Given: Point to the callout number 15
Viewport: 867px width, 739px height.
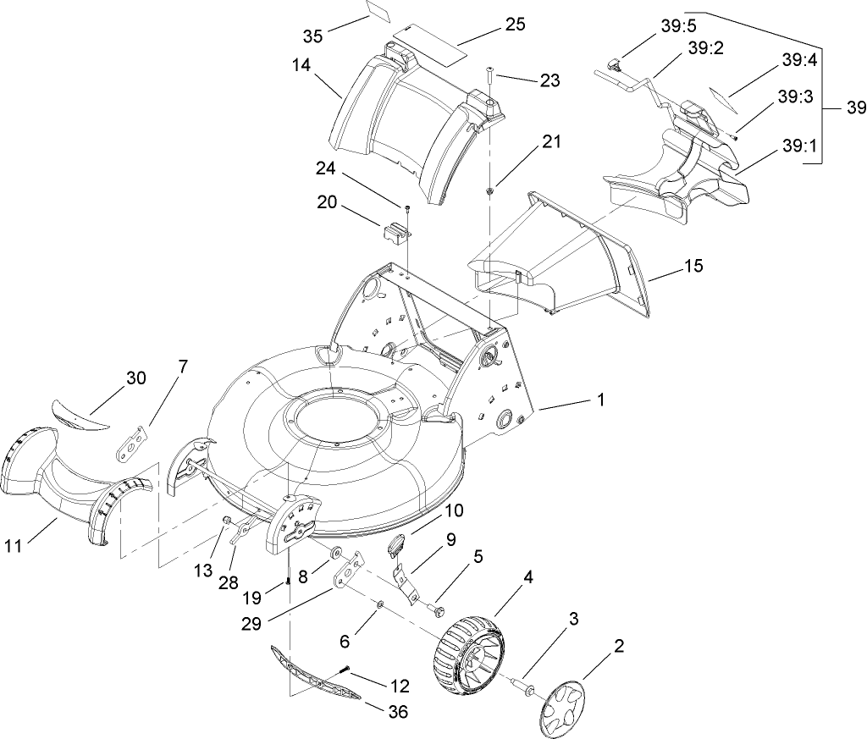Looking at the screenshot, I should click(x=693, y=266).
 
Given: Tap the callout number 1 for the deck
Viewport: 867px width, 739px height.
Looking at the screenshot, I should click(x=600, y=399).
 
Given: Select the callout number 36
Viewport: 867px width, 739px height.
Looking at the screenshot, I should click(x=397, y=712).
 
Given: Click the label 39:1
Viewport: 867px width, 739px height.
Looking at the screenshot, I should click(x=799, y=146).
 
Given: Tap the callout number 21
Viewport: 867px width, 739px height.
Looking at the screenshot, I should click(x=551, y=142).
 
